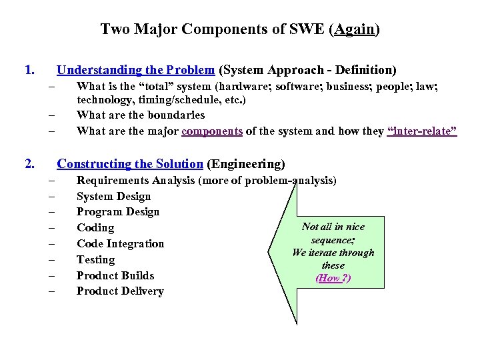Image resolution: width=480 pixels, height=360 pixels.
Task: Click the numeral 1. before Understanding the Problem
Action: click(29, 69)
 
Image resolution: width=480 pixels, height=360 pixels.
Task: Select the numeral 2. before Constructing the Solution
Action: click(29, 163)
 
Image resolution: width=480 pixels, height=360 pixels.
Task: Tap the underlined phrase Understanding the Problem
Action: click(136, 70)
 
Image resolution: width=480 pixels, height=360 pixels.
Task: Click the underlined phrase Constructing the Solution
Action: click(130, 164)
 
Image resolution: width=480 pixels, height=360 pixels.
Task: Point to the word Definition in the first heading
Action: click(365, 70)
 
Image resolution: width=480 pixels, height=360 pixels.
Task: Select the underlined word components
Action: click(212, 131)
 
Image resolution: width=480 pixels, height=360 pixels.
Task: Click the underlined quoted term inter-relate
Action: click(422, 131)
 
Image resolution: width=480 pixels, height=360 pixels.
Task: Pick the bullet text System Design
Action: click(113, 196)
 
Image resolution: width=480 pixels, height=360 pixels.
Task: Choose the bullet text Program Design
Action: click(118, 212)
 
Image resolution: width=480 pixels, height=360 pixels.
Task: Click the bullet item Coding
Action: click(95, 228)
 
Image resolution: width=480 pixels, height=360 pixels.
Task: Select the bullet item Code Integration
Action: click(120, 244)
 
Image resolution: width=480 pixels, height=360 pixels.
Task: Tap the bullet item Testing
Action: click(95, 260)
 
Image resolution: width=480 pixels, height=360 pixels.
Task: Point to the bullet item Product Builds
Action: click(115, 275)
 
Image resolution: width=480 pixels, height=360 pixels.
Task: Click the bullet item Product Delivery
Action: click(120, 291)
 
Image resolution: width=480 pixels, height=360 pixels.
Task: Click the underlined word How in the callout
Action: click(329, 278)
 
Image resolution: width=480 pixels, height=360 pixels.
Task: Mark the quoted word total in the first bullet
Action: click(149, 86)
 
